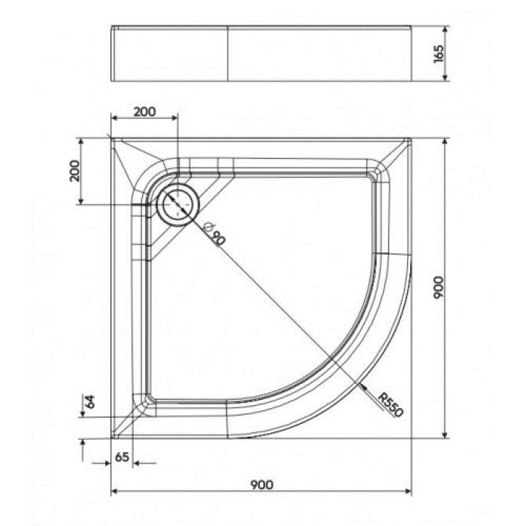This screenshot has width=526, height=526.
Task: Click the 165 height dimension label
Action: tap(438, 53)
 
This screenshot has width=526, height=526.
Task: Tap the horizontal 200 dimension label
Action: tap(144, 112)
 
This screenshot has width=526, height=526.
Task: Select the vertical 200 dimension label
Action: tap(74, 171)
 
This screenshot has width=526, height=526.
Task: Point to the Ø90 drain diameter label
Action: tap(214, 233)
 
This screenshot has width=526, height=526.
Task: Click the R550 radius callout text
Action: tap(390, 404)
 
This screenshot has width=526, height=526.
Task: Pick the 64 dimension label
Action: tap(90, 401)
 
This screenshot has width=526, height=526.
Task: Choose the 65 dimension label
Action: tap(122, 457)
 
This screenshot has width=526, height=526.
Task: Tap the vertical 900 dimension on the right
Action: tap(438, 287)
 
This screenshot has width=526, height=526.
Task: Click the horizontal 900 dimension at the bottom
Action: tap(262, 485)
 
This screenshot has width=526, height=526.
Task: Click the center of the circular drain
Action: tap(177, 204)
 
